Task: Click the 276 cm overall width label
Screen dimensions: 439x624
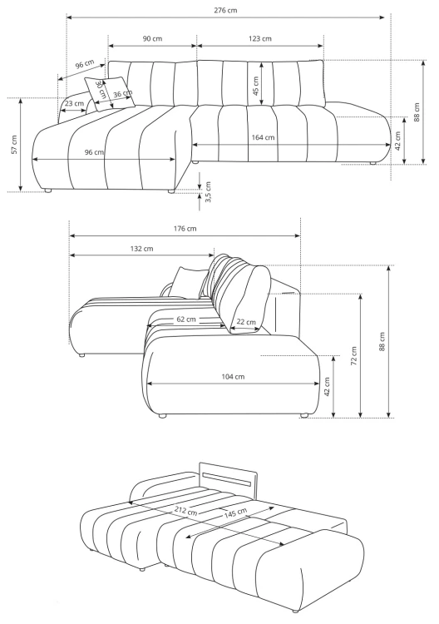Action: (225, 10)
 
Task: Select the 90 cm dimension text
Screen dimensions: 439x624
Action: (153, 38)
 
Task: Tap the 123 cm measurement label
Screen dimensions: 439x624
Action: (260, 38)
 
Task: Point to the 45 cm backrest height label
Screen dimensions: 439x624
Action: (256, 86)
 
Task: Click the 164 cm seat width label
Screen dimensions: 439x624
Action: (263, 137)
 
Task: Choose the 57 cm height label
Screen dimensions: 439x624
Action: (14, 145)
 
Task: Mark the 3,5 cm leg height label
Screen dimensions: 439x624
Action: (208, 192)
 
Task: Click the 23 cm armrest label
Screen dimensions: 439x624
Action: (74, 103)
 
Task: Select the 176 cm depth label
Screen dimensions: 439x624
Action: (185, 229)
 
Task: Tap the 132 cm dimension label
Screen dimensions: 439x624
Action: (142, 249)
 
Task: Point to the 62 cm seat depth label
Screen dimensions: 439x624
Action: (186, 319)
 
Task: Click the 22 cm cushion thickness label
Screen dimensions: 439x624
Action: (246, 322)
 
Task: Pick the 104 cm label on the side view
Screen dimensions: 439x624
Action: (233, 376)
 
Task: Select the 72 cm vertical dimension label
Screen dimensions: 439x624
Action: (353, 356)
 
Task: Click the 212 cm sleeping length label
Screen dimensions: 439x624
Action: (185, 511)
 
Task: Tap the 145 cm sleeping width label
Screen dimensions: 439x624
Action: (235, 513)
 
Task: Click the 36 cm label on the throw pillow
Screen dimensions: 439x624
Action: (122, 94)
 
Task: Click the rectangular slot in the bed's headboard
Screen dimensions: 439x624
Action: (227, 478)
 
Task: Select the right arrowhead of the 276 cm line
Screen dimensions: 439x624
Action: (382, 17)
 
